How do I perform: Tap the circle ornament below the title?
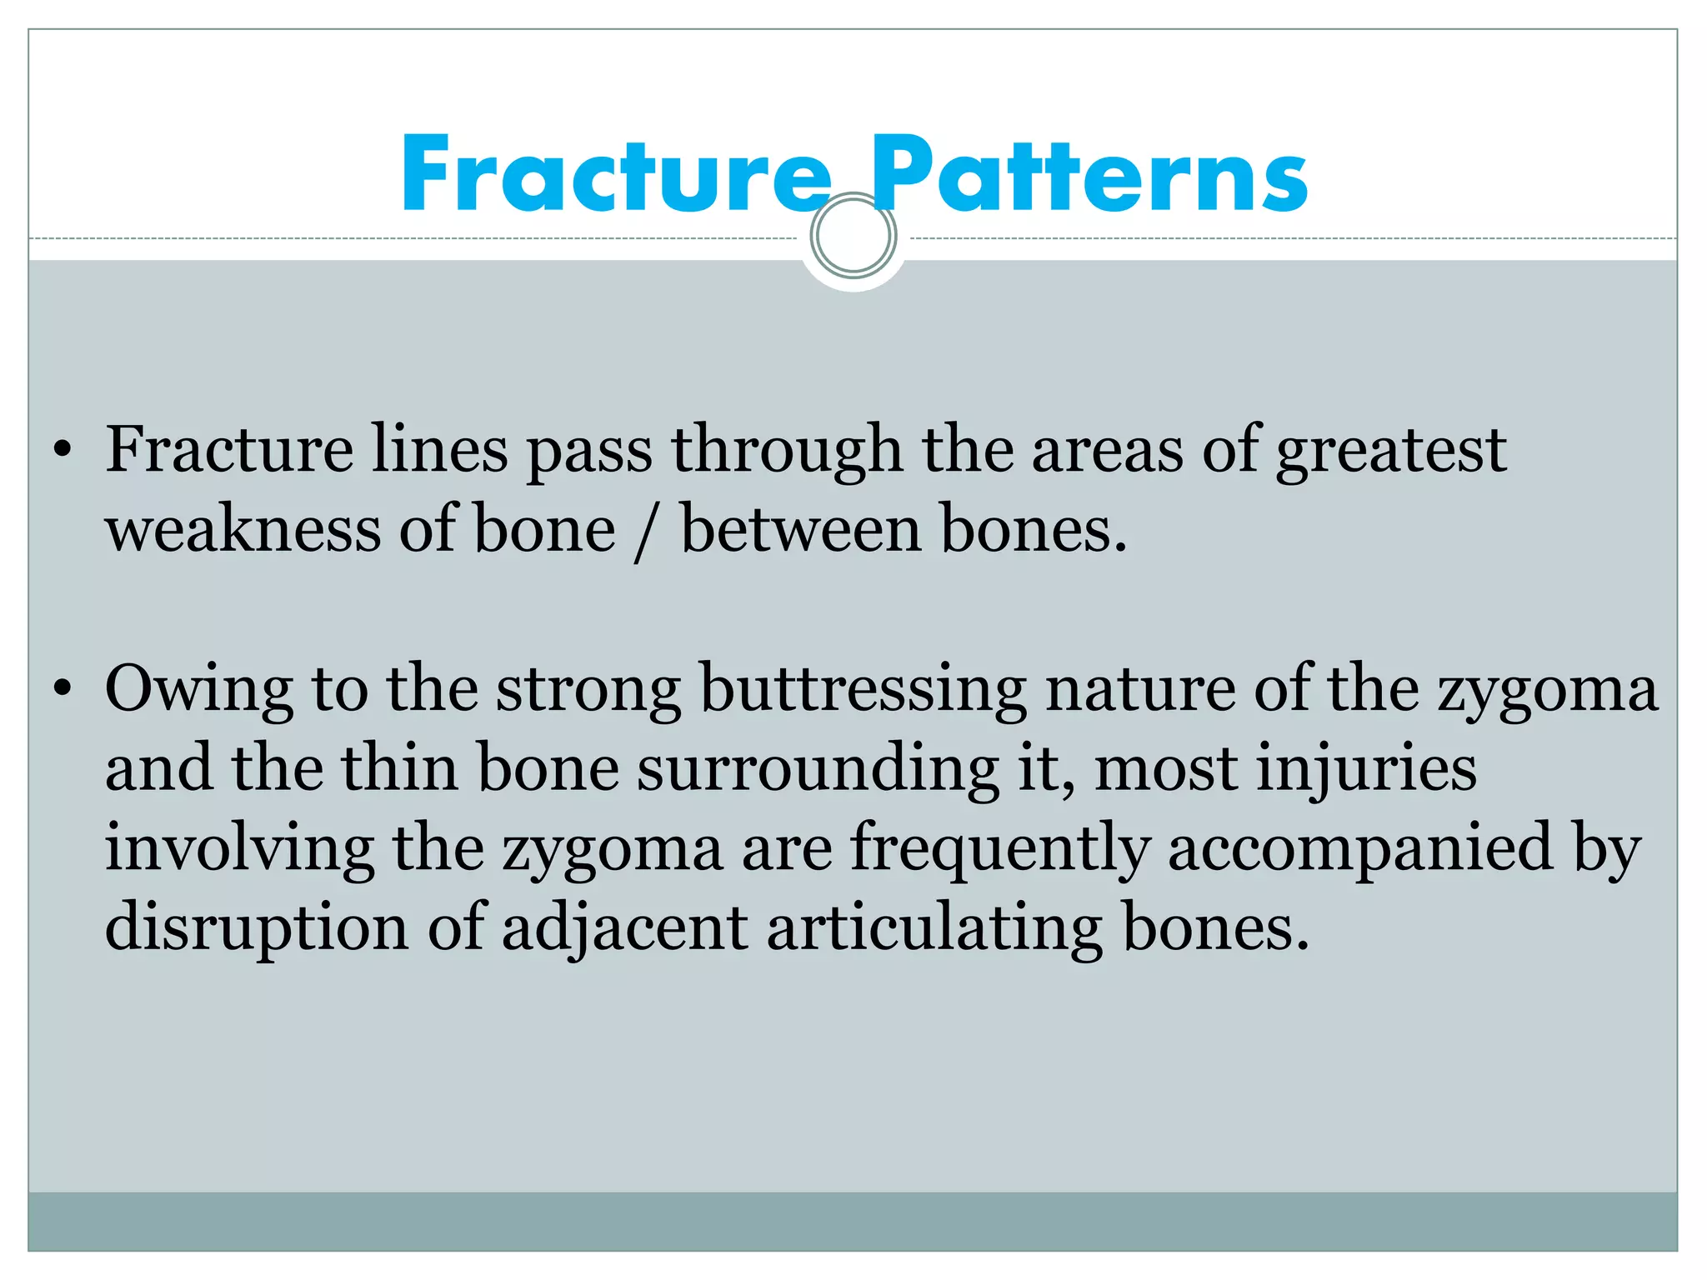(853, 236)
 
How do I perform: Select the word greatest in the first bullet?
(1390, 451)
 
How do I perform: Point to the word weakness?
(242, 530)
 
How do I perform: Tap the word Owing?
(198, 690)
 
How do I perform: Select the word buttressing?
(862, 690)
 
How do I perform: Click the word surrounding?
(818, 768)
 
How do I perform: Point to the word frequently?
(999, 848)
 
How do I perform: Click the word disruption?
(257, 927)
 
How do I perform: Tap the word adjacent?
(624, 927)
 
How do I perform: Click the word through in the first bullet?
(787, 451)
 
